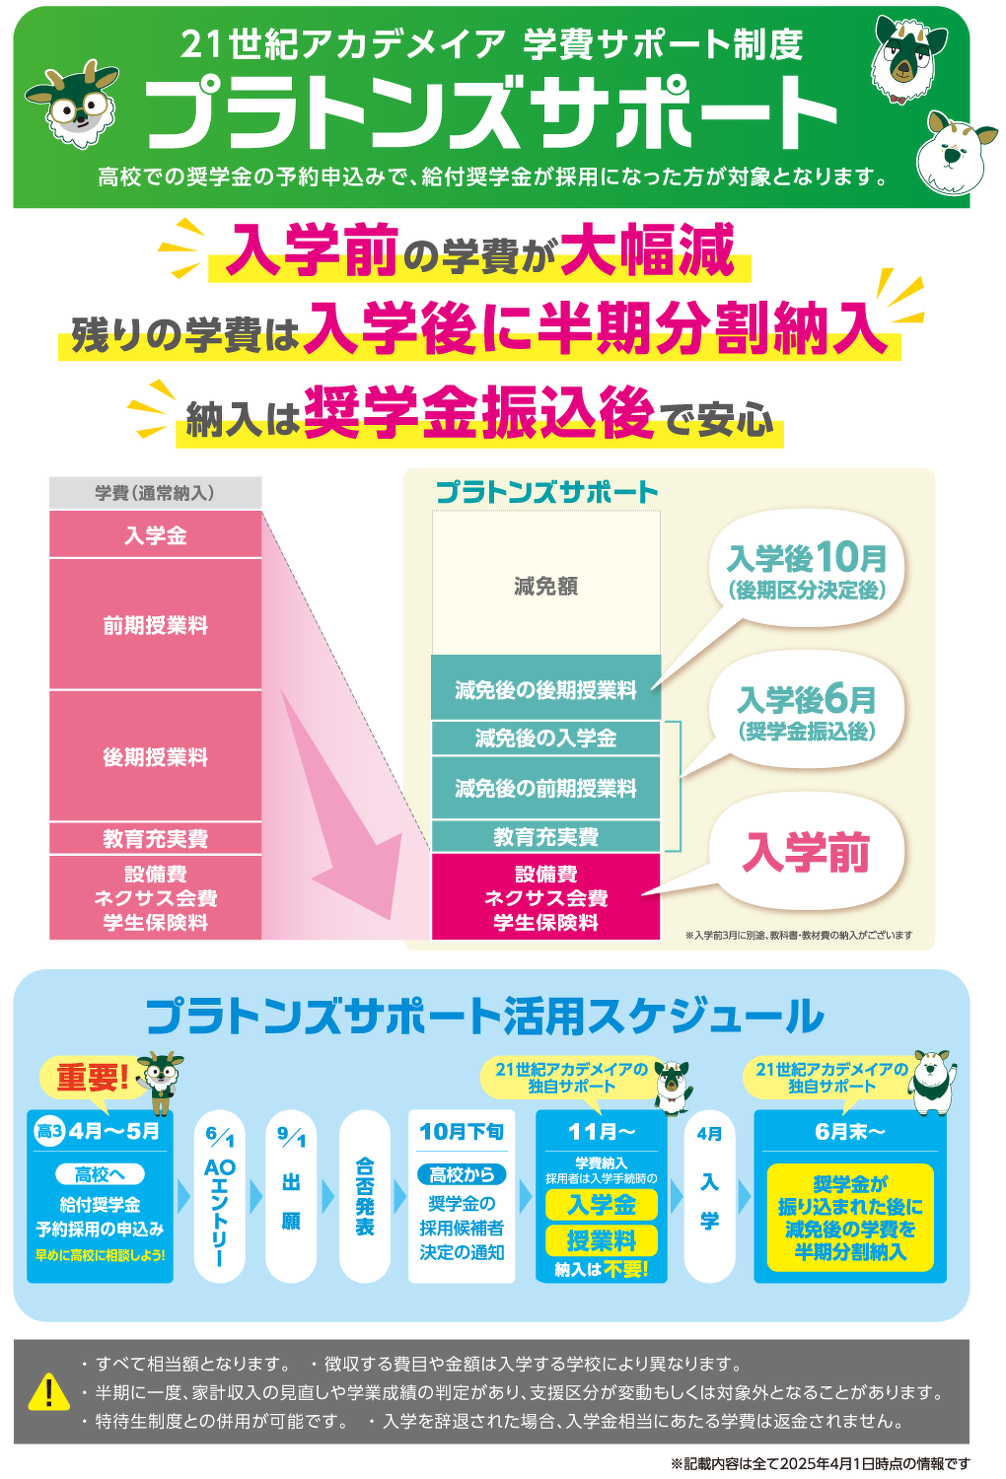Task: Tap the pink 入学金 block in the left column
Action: (x=155, y=534)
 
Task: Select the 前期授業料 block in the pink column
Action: (x=155, y=624)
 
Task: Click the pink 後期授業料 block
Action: (x=155, y=756)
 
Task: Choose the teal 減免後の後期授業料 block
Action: (x=545, y=688)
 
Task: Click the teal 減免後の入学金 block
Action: (x=545, y=739)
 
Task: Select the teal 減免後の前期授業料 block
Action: (x=545, y=788)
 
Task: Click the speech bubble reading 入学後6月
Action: (x=806, y=712)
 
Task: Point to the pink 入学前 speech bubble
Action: (x=806, y=852)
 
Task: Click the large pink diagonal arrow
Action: (x=343, y=812)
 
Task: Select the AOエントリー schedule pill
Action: (x=219, y=1196)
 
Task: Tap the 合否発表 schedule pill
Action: (x=365, y=1196)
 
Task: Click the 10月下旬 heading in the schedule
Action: (x=461, y=1132)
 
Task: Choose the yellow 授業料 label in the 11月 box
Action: (x=601, y=1240)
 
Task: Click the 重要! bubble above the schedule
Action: (x=93, y=1078)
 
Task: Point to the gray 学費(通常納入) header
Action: (x=155, y=493)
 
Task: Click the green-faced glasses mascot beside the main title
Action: (x=74, y=104)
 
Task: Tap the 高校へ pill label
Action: (x=100, y=1174)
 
